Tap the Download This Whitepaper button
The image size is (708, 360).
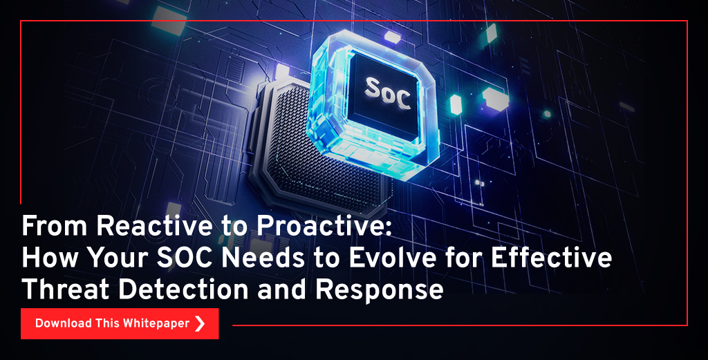click(x=120, y=323)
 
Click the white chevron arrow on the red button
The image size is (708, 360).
click(x=200, y=323)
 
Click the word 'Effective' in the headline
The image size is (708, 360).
click(x=551, y=258)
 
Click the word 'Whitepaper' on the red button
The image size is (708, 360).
click(x=156, y=324)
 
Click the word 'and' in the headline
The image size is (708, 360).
click(x=283, y=289)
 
